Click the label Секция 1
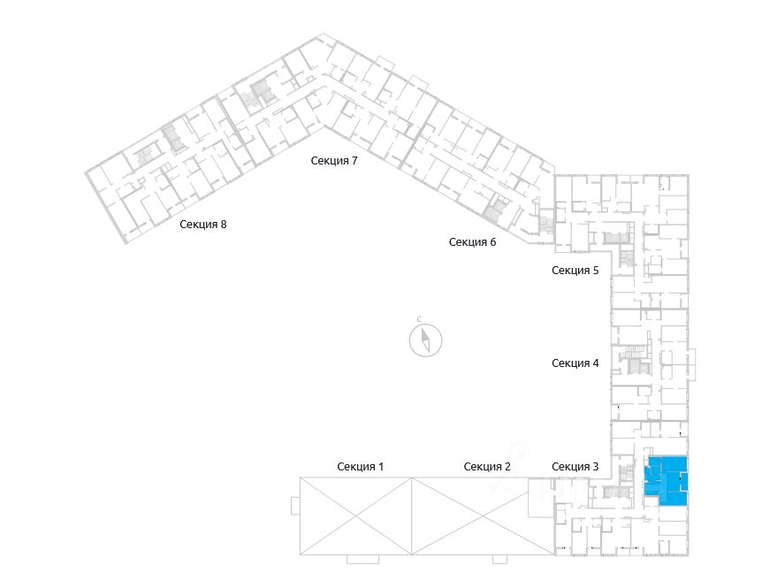pos(360,466)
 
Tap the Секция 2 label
pos(487,466)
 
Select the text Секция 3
pos(575,466)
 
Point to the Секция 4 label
pos(575,363)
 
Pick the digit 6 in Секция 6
pos(492,241)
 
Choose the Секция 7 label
pos(333,160)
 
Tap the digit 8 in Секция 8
pos(224,224)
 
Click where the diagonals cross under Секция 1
pos(356,516)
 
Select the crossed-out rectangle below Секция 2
pos(469,516)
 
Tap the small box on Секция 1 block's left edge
pos(295,505)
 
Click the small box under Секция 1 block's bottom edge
pos(362,559)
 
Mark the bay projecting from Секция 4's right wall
pos(691,362)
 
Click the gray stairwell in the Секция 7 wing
pos(263,90)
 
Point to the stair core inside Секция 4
pos(634,358)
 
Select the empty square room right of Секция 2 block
pos(539,498)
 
